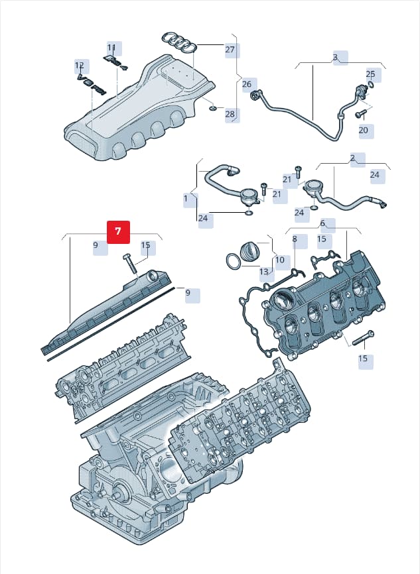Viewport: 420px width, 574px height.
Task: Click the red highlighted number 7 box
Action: pos(118,232)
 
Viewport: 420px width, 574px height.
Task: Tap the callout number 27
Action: pos(230,49)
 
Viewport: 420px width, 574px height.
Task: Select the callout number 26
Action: pos(247,84)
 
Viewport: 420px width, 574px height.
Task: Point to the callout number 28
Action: pos(230,114)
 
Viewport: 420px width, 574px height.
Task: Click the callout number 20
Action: pos(363,130)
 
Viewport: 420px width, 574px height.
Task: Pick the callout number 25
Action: pos(370,74)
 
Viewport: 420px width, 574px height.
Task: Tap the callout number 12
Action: pos(80,65)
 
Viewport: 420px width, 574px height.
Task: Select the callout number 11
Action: pos(111,48)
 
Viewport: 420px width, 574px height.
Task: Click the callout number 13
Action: pos(264,272)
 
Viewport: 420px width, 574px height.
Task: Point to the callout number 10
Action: pos(279,260)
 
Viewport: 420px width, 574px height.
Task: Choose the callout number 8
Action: pos(295,239)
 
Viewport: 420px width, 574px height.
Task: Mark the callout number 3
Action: pos(335,58)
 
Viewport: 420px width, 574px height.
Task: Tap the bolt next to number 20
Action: pos(361,115)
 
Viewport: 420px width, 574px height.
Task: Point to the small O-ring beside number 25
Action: pos(371,85)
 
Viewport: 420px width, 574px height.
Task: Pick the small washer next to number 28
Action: pos(213,108)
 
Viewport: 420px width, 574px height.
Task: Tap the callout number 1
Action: pos(185,198)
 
